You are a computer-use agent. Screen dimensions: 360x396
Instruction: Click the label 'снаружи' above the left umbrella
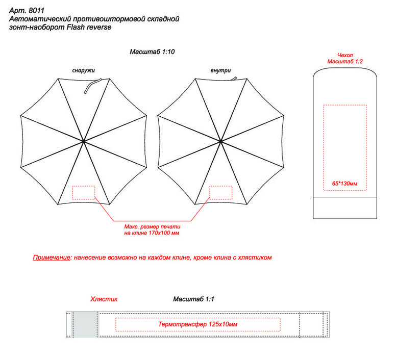coord(83,70)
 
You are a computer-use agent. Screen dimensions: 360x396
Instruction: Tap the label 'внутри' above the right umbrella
coord(220,70)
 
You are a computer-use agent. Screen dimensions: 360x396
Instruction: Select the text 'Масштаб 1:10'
coord(152,52)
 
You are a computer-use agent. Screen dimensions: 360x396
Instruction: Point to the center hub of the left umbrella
coord(83,140)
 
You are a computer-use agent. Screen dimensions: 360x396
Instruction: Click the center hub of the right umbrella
coord(220,140)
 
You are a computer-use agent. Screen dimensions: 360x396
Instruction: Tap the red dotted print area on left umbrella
coord(84,192)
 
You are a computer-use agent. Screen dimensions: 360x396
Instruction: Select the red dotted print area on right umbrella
coord(220,192)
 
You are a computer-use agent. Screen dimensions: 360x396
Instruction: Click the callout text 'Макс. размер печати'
coord(151,226)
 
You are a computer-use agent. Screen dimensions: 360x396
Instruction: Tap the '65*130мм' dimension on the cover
coord(345,183)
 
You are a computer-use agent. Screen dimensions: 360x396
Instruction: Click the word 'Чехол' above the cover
coord(345,55)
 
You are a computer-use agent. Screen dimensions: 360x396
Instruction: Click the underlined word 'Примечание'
coord(52,258)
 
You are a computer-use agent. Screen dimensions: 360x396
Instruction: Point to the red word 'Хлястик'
coord(104,299)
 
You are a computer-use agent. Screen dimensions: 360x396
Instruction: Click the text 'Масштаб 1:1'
coord(193,299)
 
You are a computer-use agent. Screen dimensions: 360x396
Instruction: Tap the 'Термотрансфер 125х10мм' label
coord(198,324)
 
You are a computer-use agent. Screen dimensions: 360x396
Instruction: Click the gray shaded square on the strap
coord(86,324)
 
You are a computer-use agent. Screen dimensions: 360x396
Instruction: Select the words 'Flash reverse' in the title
coord(88,27)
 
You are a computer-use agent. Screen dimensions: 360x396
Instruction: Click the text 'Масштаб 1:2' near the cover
coord(345,61)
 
